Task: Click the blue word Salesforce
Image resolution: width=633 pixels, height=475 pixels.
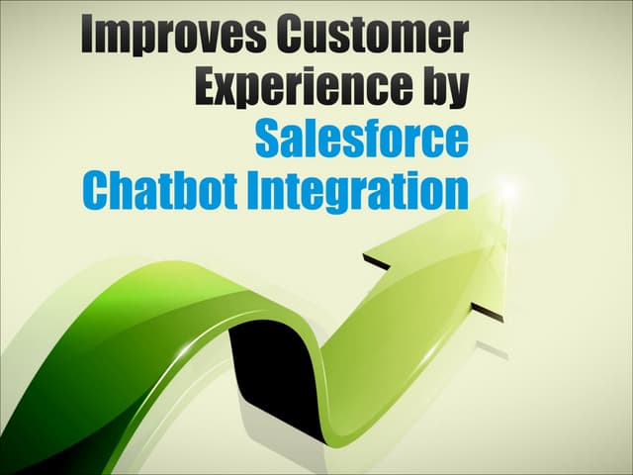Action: [x=361, y=139]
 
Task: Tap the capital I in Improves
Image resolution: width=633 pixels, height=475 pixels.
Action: [x=87, y=38]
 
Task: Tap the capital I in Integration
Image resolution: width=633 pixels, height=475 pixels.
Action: [x=255, y=190]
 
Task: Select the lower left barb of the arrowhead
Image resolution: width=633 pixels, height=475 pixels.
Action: [x=369, y=260]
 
